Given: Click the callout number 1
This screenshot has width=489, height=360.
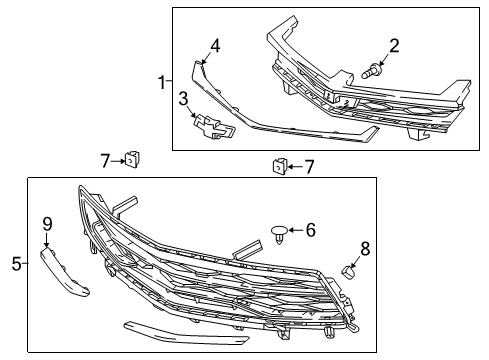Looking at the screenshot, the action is [162, 82].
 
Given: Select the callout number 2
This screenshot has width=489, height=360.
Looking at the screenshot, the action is [394, 46].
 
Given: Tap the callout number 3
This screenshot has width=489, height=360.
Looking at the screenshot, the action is [183, 99].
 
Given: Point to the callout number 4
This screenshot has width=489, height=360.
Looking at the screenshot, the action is [215, 46].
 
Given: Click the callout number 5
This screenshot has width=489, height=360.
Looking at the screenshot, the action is [17, 264].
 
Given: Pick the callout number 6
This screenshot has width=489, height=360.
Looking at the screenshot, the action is [311, 230].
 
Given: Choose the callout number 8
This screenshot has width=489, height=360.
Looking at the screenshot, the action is [365, 249].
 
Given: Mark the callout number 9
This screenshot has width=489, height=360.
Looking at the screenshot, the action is [47, 224].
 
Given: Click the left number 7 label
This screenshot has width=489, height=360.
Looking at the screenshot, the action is [105, 161].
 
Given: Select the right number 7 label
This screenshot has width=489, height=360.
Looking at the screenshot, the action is [309, 167].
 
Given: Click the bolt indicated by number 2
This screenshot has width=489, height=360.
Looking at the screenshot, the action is [370, 70].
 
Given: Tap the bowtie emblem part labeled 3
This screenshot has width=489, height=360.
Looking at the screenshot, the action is [214, 127].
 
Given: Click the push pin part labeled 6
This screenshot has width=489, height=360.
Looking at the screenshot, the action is [279, 234].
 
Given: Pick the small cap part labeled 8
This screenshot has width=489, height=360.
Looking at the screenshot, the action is [348, 272].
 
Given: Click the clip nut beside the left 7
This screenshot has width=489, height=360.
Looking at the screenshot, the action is [132, 159].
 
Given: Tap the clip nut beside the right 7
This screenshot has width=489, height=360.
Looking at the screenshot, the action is [281, 166].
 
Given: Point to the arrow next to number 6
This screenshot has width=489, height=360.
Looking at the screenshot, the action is [295, 230].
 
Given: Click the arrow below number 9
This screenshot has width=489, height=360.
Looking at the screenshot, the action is [46, 240].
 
